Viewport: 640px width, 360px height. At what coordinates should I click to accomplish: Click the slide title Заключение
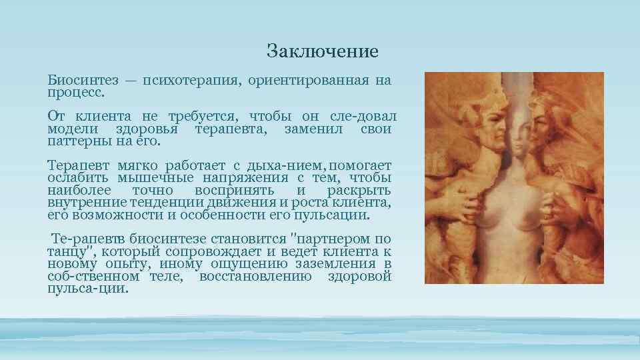point(322,51)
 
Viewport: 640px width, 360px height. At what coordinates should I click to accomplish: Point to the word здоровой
point(359,276)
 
